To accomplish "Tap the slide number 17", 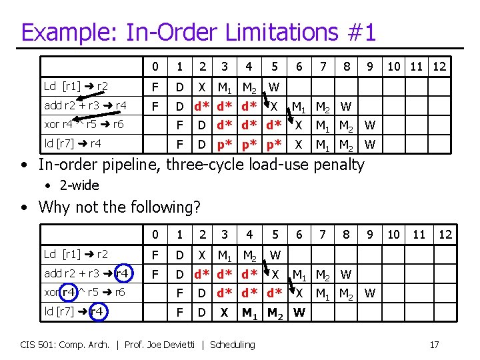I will point(434,345).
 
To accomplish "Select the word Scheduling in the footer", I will point(233,345).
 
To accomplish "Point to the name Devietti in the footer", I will point(180,345).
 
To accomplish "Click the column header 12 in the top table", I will point(439,67).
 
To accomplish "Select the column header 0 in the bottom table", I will point(155,235).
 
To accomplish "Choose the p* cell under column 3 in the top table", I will point(224,144).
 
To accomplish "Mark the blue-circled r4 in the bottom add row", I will point(122,273).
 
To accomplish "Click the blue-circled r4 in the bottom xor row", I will point(69,292).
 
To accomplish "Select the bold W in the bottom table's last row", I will point(299,312).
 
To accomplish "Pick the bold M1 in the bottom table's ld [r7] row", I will point(249,312).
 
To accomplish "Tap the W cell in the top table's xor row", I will point(371,125).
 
